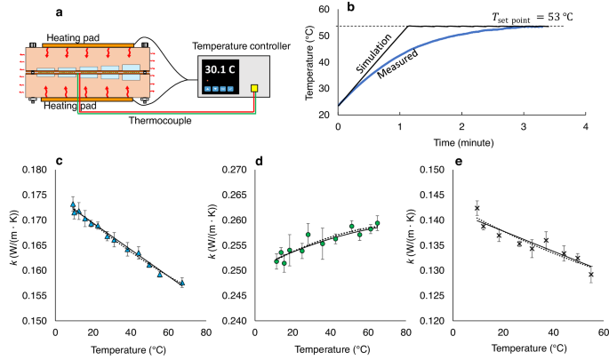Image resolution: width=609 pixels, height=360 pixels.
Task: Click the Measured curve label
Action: tap(392, 76)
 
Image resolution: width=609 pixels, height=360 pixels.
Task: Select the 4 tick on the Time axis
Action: tap(585, 127)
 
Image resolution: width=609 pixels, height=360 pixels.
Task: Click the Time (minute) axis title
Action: tap(461, 142)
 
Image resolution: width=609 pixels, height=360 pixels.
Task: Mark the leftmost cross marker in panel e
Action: tap(477, 208)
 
